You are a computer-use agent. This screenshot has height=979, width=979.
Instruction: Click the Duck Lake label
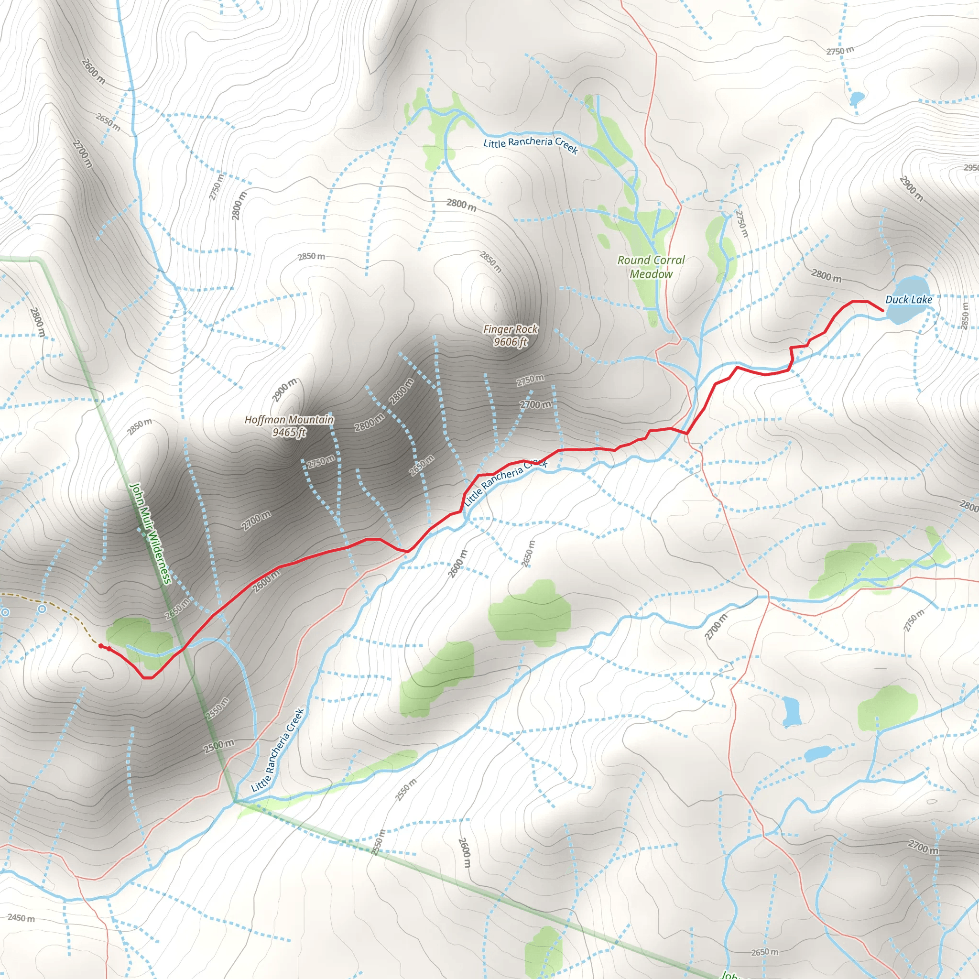[909, 299]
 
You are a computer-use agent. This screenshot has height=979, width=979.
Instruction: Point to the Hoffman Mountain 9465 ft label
[289, 425]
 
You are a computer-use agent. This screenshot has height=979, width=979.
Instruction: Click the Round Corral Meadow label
[651, 267]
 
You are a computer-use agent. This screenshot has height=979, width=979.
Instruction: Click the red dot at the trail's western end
[101, 645]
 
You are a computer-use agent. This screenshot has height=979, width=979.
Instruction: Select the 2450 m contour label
[22, 918]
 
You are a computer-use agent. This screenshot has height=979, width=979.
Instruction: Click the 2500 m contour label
[219, 746]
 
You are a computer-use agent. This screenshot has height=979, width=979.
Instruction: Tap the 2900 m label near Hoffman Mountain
[284, 390]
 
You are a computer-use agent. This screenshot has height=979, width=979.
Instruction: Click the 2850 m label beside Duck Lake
[964, 315]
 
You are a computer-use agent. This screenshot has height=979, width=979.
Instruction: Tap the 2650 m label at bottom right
[764, 952]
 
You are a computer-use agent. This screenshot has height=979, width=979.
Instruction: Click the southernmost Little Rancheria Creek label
[278, 750]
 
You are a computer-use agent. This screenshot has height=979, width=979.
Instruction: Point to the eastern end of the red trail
[883, 310]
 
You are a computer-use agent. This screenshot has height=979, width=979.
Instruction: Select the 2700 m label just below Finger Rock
[535, 404]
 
